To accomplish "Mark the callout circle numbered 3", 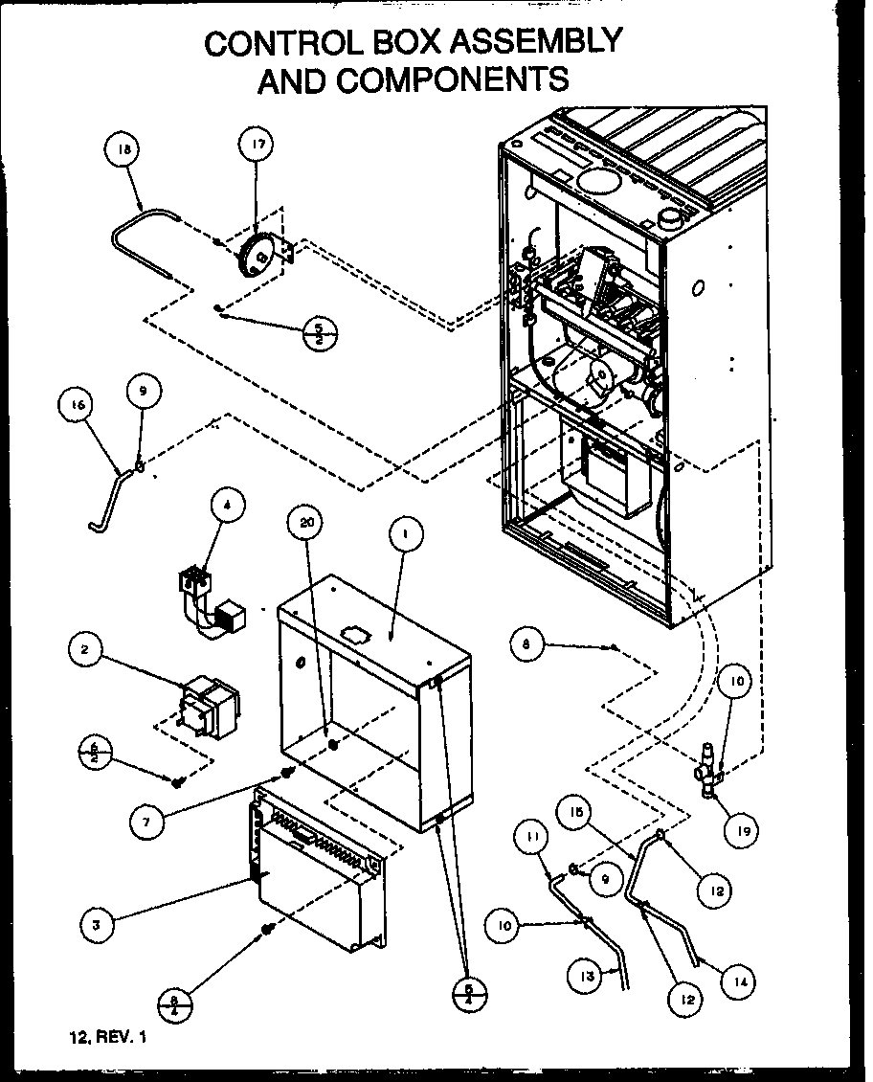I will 97,925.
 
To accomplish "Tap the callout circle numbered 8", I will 526,645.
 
